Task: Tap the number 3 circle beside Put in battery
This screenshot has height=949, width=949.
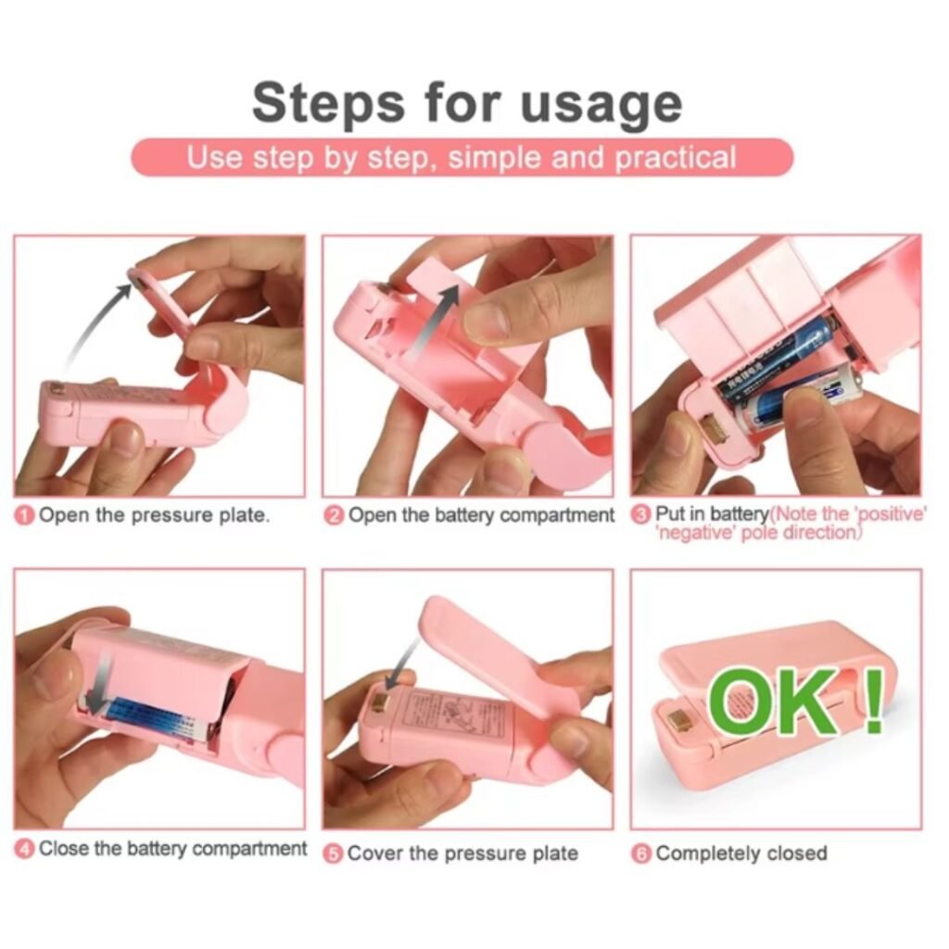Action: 641,515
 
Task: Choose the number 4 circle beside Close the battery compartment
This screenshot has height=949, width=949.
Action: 26,849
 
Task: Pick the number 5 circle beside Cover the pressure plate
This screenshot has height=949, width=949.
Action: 335,854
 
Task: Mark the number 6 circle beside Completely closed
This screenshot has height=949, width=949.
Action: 642,854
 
